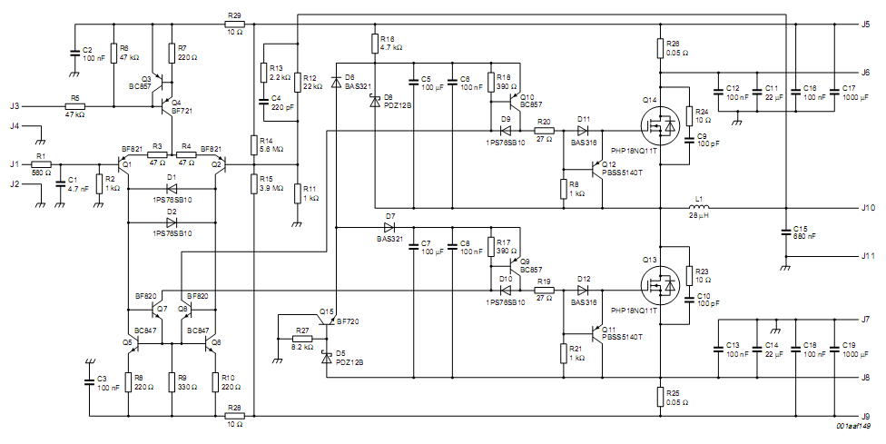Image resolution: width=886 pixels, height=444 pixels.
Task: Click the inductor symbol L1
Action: pyautogui.click(x=699, y=207)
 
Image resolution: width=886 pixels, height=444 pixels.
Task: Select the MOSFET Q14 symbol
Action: pyautogui.click(x=661, y=126)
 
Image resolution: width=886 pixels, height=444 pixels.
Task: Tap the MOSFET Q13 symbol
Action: pyautogui.click(x=661, y=286)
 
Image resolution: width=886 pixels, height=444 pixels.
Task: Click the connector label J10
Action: pyautogui.click(x=868, y=208)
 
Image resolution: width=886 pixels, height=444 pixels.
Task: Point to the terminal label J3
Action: pyautogui.click(x=15, y=105)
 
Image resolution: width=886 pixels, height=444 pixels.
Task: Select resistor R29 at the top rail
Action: pyautogui.click(x=234, y=25)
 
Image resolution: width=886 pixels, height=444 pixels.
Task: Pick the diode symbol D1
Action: pyautogui.click(x=172, y=189)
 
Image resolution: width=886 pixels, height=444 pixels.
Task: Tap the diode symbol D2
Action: pyautogui.click(x=172, y=222)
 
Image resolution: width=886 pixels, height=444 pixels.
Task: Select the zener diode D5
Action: pyautogui.click(x=326, y=357)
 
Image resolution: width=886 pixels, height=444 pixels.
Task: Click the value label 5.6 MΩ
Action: pyautogui.click(x=271, y=149)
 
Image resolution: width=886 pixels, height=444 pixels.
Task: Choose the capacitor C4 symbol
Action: pyautogui.click(x=263, y=103)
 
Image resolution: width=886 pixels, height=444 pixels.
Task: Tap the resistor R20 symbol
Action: pyautogui.click(x=544, y=131)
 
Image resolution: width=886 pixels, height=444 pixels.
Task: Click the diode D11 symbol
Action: pyautogui.click(x=583, y=131)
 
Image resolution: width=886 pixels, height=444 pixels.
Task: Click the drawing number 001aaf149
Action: pyautogui.click(x=853, y=428)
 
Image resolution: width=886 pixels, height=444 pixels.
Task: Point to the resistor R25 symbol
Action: pyautogui.click(x=661, y=397)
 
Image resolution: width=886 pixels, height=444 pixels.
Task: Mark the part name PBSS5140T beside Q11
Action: pyautogui.click(x=622, y=337)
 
